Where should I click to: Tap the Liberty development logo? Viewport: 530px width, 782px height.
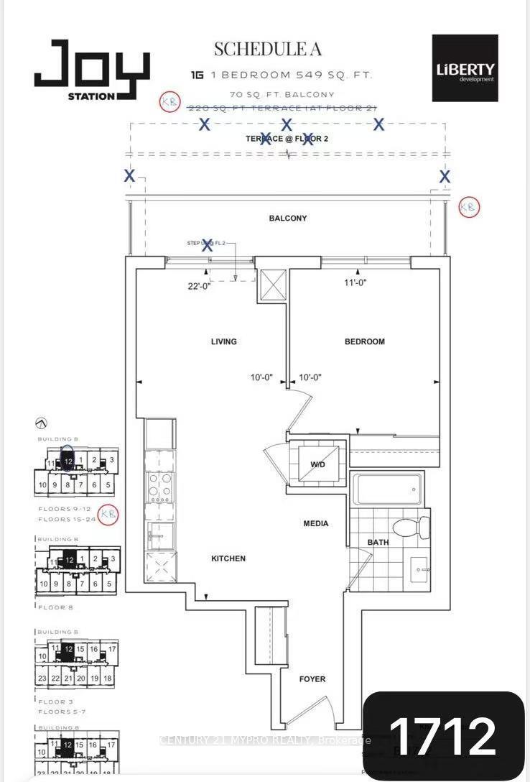click(465, 69)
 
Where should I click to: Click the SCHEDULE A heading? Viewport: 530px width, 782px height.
click(267, 49)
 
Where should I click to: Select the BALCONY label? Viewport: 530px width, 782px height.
click(288, 218)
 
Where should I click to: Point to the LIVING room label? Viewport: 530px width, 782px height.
click(223, 341)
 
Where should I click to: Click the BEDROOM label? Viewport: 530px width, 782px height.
click(364, 341)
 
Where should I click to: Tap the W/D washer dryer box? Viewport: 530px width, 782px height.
click(317, 464)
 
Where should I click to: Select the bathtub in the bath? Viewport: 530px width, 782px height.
click(386, 490)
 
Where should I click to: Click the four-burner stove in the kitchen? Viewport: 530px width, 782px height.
click(159, 487)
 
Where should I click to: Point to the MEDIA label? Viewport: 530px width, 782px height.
click(315, 523)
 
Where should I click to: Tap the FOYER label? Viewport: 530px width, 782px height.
click(312, 678)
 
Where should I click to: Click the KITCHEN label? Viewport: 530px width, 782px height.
click(228, 558)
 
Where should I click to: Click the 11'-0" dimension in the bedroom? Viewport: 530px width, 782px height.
click(355, 283)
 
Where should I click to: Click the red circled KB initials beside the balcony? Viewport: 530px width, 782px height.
click(468, 207)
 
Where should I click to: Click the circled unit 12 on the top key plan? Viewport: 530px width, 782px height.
click(68, 461)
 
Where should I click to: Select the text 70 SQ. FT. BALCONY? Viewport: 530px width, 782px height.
click(282, 94)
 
